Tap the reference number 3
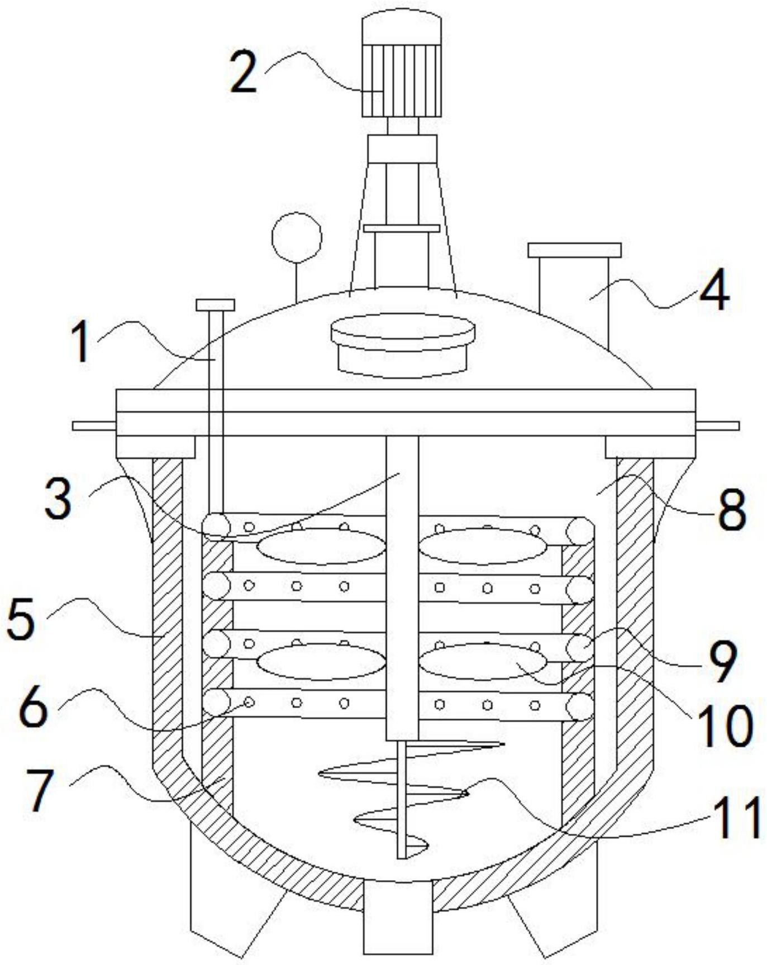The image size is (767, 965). tap(59, 498)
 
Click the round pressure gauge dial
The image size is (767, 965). tap(297, 237)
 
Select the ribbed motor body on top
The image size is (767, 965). tap(402, 80)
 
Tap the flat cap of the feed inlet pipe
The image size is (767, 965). tap(574, 250)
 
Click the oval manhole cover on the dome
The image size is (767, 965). tap(403, 343)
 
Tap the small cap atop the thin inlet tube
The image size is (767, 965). tap(216, 305)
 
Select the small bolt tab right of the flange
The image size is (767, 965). tap(717, 426)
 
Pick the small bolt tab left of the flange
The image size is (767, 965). tap(94, 426)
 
